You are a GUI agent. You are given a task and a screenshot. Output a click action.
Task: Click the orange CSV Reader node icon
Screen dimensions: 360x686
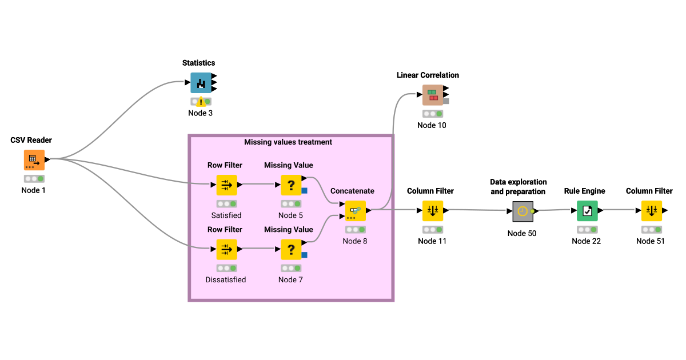[34, 160]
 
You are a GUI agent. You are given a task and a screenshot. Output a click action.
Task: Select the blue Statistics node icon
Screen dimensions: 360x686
[201, 83]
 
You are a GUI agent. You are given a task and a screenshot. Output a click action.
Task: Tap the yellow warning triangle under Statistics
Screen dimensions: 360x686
[201, 102]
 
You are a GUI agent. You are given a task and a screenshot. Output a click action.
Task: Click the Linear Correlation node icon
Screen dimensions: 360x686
[433, 95]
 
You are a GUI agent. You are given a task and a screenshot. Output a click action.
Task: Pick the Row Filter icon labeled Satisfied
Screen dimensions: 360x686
[226, 185]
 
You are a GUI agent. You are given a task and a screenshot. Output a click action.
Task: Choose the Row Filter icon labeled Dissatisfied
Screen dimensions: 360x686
[226, 249]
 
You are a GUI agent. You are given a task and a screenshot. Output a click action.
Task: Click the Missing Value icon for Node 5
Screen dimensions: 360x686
[291, 185]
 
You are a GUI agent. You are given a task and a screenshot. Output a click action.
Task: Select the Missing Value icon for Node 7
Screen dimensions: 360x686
[291, 249]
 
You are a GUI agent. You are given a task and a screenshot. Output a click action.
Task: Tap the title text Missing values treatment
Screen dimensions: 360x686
[288, 142]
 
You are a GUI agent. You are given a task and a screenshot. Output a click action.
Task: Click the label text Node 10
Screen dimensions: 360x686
[432, 125]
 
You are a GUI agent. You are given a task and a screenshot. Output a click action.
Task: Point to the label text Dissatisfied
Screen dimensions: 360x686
[226, 279]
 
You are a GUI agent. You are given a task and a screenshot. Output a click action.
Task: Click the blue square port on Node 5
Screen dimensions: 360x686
[305, 190]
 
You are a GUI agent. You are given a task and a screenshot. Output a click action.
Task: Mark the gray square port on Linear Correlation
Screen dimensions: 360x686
[446, 101]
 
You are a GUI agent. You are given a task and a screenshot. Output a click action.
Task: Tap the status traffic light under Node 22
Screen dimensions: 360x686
[587, 230]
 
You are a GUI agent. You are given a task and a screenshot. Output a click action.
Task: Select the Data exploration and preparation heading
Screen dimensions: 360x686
[518, 187]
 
